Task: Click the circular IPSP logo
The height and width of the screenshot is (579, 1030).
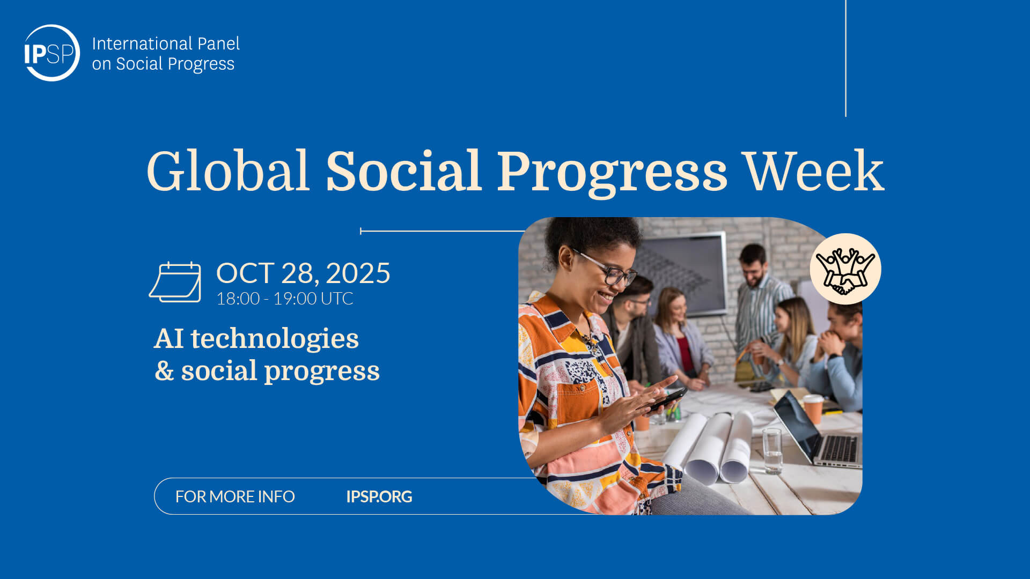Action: pyautogui.click(x=52, y=53)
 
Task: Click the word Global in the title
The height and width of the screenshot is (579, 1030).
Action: pyautogui.click(x=228, y=171)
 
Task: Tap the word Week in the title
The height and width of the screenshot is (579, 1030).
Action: pyautogui.click(x=814, y=171)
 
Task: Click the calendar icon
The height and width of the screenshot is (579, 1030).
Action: pyautogui.click(x=175, y=282)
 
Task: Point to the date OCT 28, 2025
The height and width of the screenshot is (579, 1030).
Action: pyautogui.click(x=303, y=273)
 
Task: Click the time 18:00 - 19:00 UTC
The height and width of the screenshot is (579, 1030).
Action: pyautogui.click(x=285, y=299)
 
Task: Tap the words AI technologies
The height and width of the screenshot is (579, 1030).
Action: pyautogui.click(x=256, y=339)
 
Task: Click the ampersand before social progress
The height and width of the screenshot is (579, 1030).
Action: pyautogui.click(x=164, y=371)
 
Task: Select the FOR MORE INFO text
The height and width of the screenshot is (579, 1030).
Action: pyautogui.click(x=235, y=496)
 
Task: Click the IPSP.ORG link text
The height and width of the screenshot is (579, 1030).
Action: pyautogui.click(x=379, y=496)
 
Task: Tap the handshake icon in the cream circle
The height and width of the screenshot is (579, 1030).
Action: pyautogui.click(x=845, y=270)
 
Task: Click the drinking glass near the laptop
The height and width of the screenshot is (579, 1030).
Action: pyautogui.click(x=772, y=450)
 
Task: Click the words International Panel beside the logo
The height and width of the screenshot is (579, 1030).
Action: pyautogui.click(x=166, y=43)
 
